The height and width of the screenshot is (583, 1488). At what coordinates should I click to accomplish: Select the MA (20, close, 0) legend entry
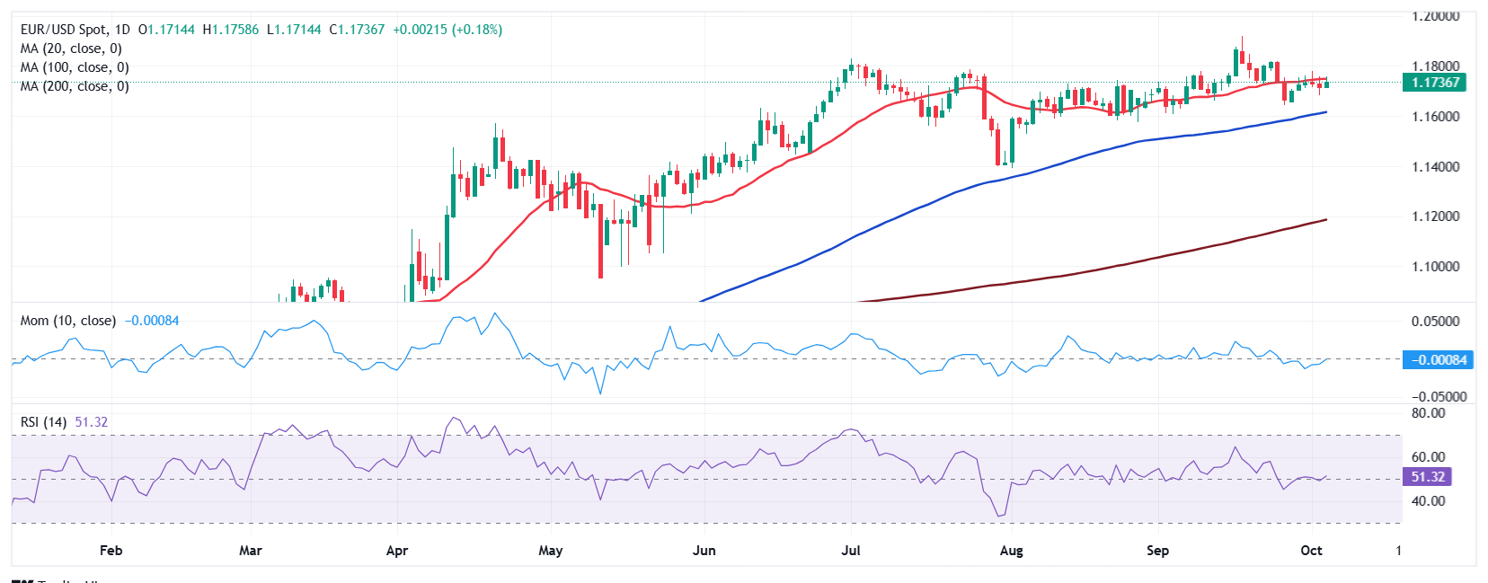click(71, 49)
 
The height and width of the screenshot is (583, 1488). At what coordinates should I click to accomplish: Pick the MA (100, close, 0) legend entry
click(75, 67)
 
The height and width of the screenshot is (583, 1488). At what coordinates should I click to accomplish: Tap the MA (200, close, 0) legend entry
click(75, 86)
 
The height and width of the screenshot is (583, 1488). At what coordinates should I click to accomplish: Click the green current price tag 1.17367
click(1435, 83)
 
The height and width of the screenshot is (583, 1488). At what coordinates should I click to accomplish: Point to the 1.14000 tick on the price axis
click(1435, 167)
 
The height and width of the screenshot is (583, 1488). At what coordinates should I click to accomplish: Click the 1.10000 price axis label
click(1435, 267)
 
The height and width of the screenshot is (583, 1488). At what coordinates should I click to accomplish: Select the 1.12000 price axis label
click(1435, 216)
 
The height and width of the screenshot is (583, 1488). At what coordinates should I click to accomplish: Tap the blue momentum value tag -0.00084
click(1438, 360)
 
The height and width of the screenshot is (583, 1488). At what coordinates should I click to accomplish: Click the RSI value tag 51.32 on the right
click(1428, 477)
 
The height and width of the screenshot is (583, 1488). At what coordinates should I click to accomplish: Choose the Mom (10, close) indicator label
click(68, 321)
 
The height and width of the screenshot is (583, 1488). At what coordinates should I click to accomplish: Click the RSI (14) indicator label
click(43, 422)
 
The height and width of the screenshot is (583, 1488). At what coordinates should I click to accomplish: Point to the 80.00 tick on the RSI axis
click(1428, 413)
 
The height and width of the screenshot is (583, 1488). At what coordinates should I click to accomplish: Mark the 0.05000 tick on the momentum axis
click(1435, 322)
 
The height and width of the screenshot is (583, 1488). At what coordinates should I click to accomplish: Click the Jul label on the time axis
click(850, 551)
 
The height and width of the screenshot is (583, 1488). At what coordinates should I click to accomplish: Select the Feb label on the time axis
click(111, 551)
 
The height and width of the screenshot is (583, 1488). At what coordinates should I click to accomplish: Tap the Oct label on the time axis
click(1311, 551)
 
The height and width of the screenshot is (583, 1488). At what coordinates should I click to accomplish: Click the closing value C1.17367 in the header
click(357, 30)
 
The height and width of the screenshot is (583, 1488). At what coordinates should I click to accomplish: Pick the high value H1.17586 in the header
click(231, 30)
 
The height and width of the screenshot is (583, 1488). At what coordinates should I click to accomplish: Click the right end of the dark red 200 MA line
click(1325, 220)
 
